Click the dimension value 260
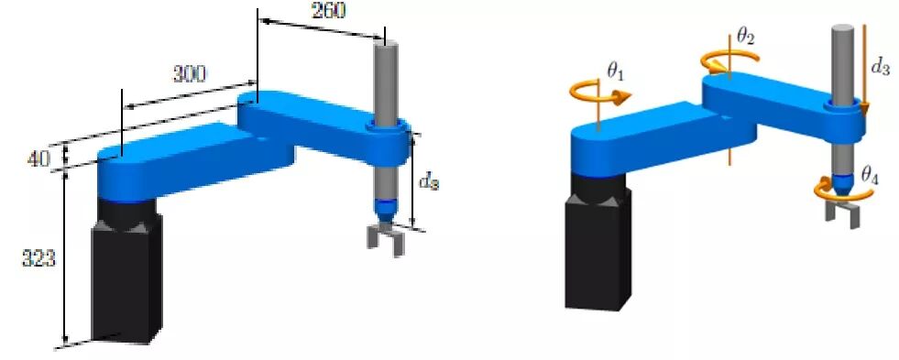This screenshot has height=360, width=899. point(328,10)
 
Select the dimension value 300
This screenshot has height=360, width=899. point(189,74)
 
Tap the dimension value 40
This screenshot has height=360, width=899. point(38,158)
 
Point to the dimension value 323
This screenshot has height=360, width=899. point(39,259)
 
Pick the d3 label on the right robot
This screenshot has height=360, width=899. point(880,67)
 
